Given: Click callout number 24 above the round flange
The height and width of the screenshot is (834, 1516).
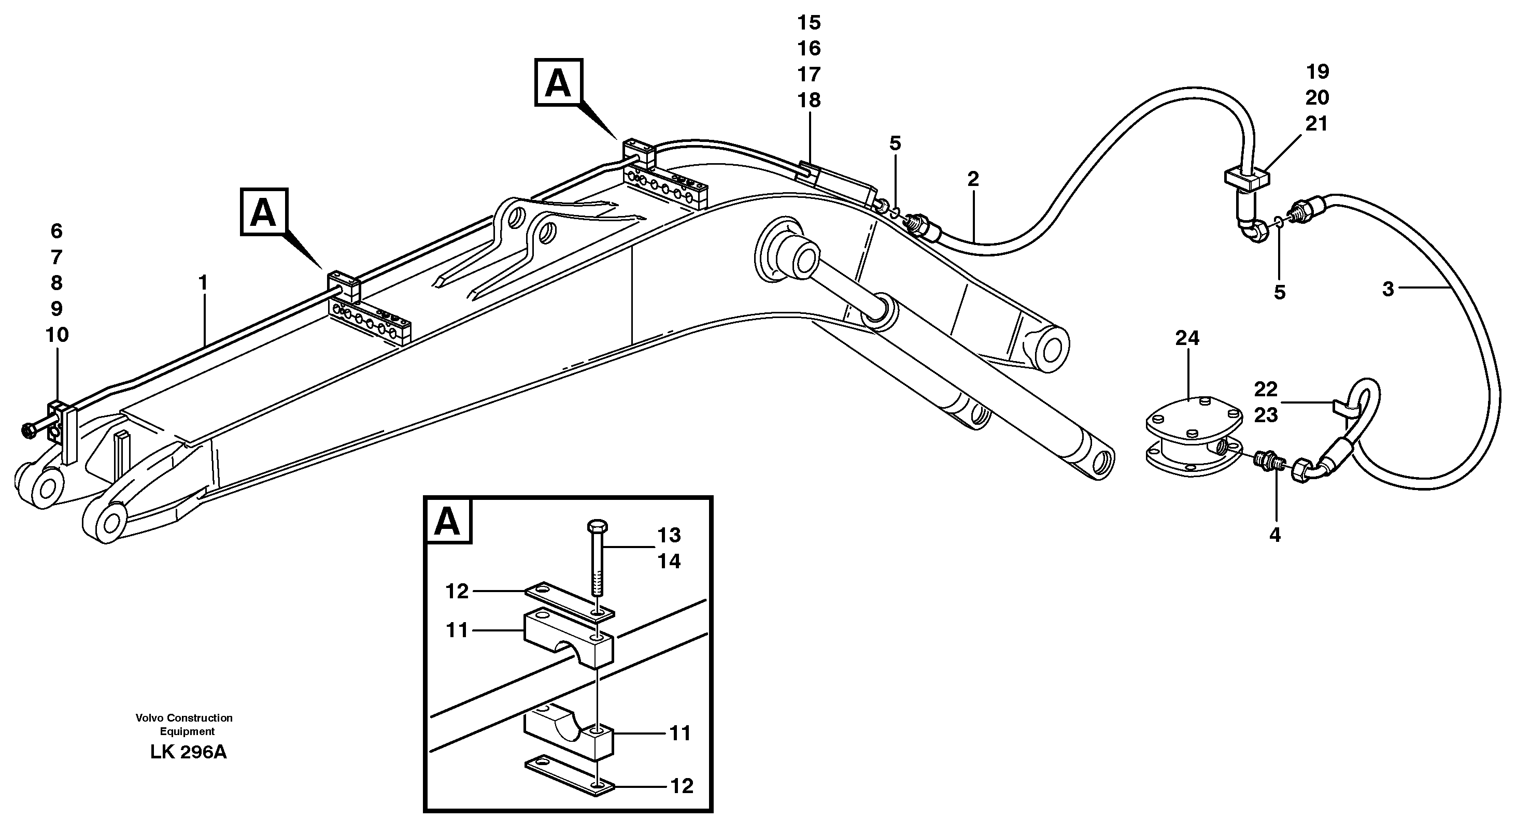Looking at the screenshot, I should coord(1186,338).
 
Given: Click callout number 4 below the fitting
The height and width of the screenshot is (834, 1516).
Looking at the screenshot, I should coord(1274,535).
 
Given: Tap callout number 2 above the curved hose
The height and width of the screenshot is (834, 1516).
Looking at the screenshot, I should coord(973,179).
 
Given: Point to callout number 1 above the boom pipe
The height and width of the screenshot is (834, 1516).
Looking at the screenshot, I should coord(203,283).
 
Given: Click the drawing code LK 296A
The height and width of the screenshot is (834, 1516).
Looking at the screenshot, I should coord(188,752).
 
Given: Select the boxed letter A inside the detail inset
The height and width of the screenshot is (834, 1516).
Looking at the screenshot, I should coord(447,521).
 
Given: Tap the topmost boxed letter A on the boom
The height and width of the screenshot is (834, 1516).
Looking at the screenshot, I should coord(558,83).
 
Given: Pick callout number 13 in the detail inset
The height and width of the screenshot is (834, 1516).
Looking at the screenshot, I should coord(669,535).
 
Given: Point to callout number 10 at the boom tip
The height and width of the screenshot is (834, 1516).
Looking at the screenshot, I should coord(57,335).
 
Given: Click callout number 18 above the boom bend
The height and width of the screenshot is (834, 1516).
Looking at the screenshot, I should coord(809,100).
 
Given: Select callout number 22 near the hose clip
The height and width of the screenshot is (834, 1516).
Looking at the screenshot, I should coord(1265,389).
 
